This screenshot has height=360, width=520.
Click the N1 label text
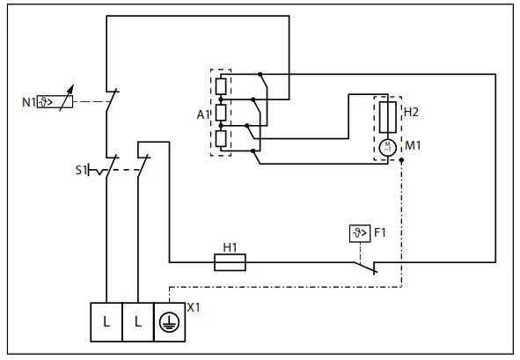(x=28, y=101)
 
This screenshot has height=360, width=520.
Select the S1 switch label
(x=80, y=169)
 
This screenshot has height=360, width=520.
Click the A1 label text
(x=201, y=114)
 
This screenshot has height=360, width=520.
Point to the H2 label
(x=412, y=113)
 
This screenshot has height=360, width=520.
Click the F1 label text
(x=380, y=234)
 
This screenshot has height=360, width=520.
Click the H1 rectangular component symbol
(x=231, y=261)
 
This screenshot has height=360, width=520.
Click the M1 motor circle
(x=387, y=145)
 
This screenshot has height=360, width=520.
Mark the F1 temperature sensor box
(x=359, y=234)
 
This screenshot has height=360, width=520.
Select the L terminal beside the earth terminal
(x=138, y=322)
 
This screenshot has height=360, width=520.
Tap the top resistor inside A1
(x=222, y=86)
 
